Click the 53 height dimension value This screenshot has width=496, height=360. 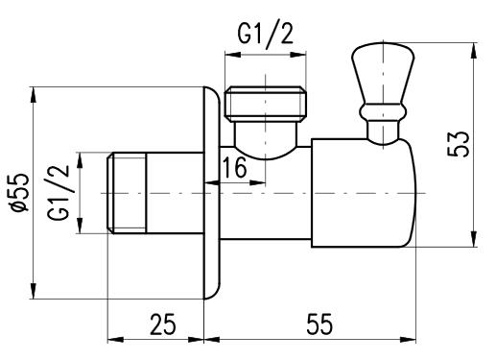(x=459, y=144)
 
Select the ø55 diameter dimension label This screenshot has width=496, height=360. (x=20, y=192)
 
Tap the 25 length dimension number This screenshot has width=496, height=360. (x=163, y=324)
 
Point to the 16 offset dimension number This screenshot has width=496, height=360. (x=234, y=167)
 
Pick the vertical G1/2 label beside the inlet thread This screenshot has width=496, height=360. (x=59, y=192)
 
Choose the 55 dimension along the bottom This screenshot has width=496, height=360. (x=319, y=324)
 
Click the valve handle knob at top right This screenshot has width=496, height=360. (x=383, y=75)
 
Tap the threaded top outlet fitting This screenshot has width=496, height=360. (x=266, y=104)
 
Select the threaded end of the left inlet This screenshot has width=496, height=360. (x=127, y=193)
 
